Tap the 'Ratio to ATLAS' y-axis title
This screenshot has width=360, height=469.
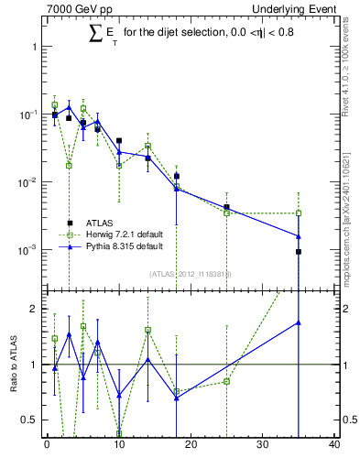coord(14,365)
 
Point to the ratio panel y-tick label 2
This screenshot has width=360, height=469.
coord(33,309)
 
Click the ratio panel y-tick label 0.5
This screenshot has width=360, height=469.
coord(29,420)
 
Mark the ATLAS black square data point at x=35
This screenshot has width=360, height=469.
coord(299,251)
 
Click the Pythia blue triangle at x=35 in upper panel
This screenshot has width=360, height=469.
coord(299,236)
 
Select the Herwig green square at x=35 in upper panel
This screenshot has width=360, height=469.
coord(299,213)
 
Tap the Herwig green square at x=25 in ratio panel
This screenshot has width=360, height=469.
coord(226,381)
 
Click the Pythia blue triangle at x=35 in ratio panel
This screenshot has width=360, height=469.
coord(299,322)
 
